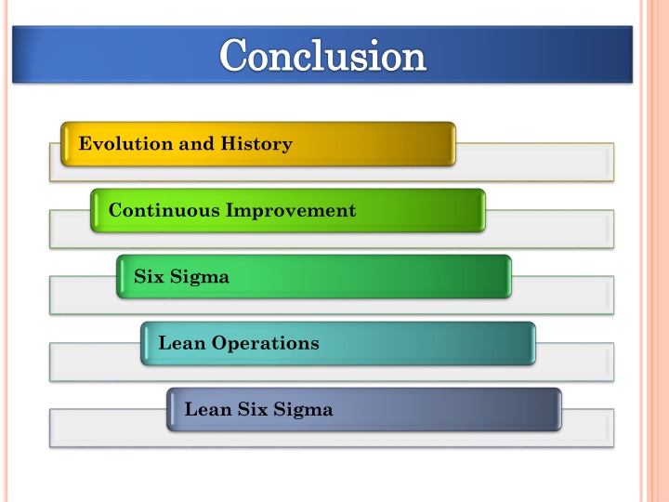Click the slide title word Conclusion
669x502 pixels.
coord(322,55)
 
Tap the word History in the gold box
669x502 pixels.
coord(256,144)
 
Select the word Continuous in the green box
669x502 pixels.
coord(163,210)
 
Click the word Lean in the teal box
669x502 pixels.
coord(182,343)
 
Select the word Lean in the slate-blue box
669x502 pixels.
coord(208,409)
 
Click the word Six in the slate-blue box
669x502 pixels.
coord(253,409)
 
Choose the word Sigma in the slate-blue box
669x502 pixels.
coord(303,410)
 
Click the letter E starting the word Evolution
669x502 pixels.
coord(85,144)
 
